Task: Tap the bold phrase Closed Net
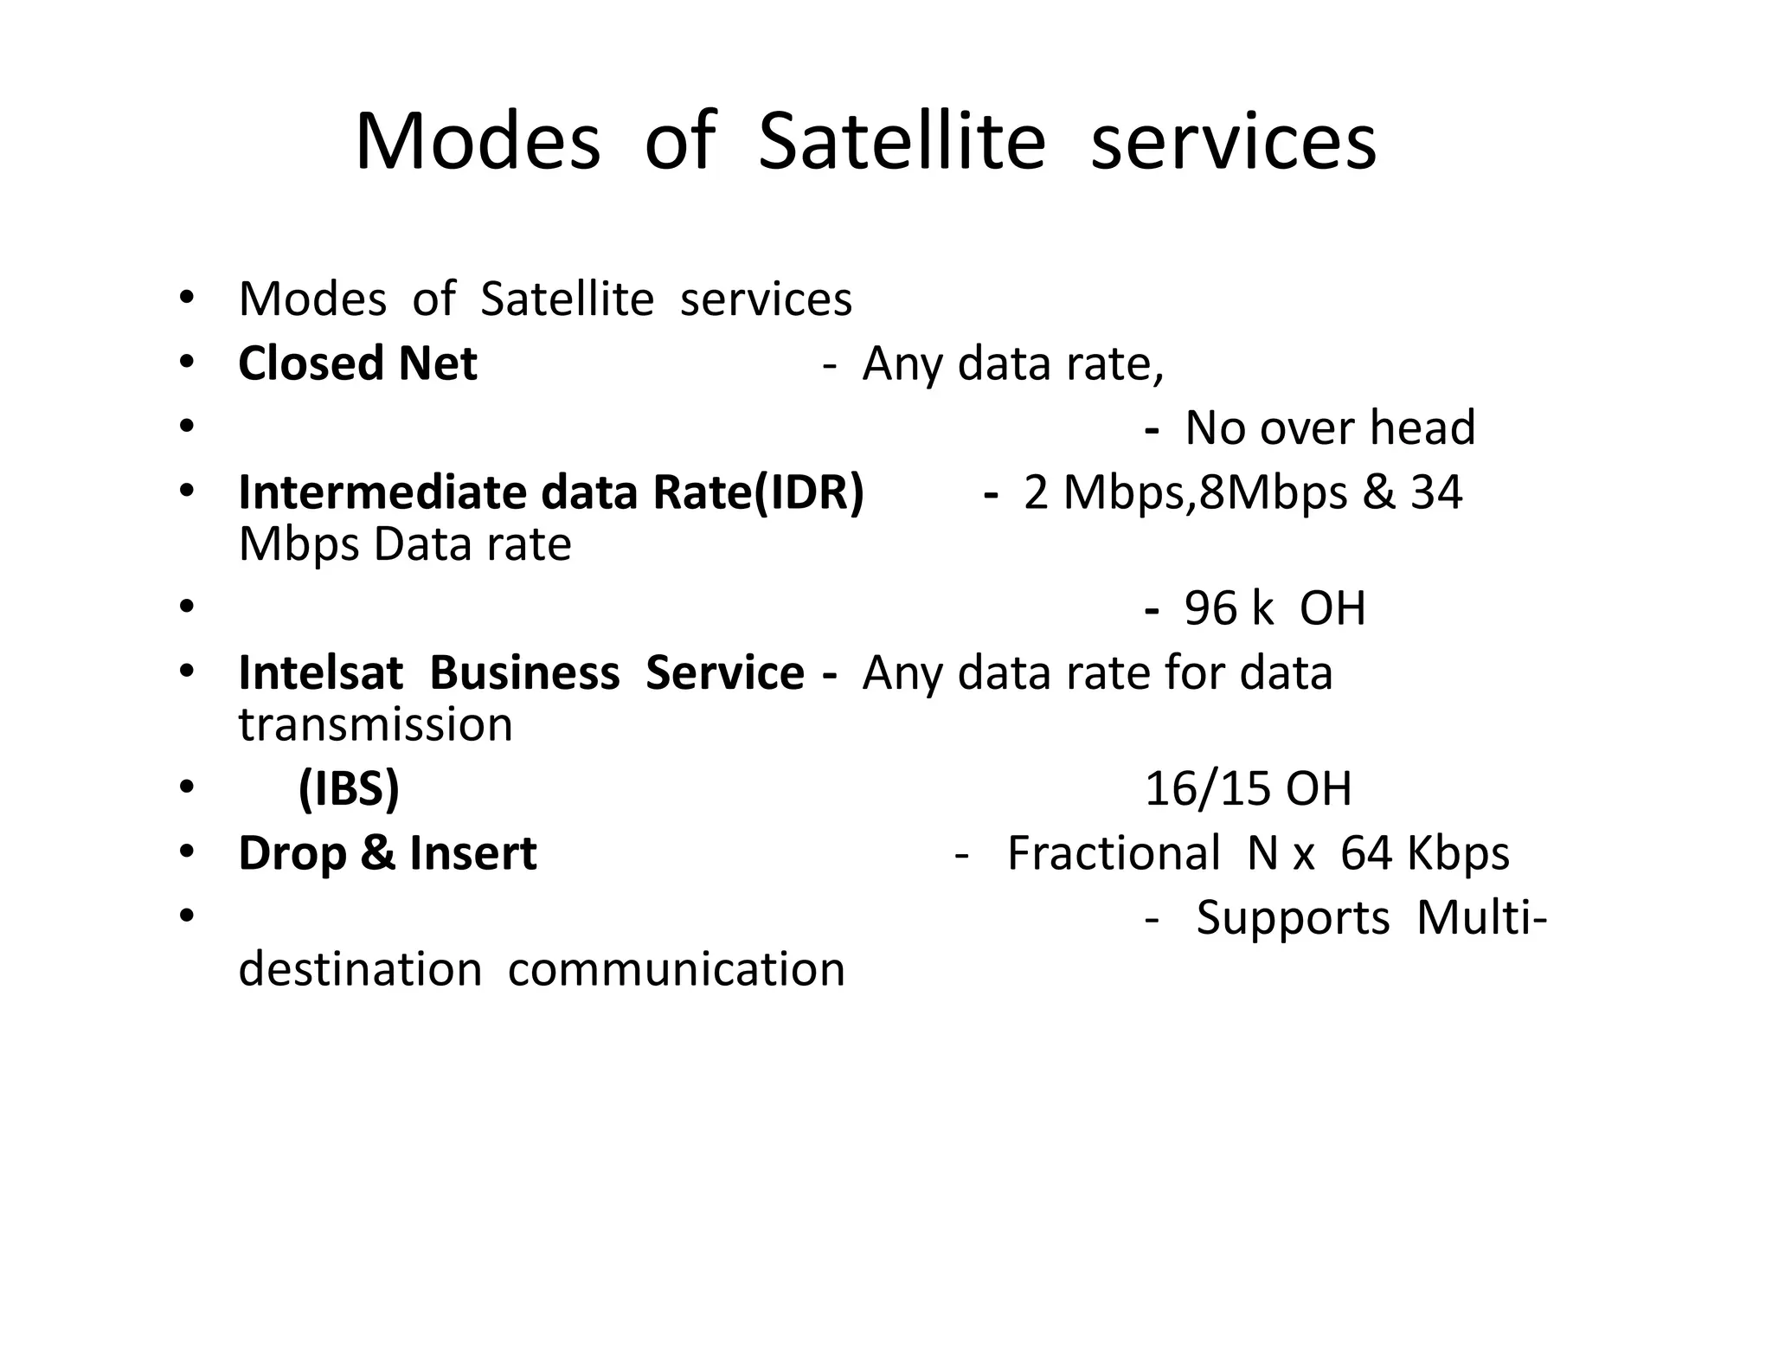(x=357, y=363)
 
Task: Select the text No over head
(x=1329, y=428)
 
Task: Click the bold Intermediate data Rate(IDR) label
(x=551, y=492)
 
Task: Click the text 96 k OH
(x=1274, y=608)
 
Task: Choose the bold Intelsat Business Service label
(x=521, y=673)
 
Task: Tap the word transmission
(x=376, y=725)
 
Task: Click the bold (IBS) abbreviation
(x=349, y=789)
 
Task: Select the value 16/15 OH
(x=1248, y=789)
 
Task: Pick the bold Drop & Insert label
(x=388, y=853)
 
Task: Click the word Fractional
(x=1114, y=853)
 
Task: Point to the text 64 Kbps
(x=1424, y=853)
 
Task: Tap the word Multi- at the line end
(x=1481, y=917)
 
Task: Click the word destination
(x=360, y=969)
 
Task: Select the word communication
(x=677, y=969)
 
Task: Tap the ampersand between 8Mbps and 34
(x=1379, y=492)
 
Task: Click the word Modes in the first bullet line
(x=312, y=299)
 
